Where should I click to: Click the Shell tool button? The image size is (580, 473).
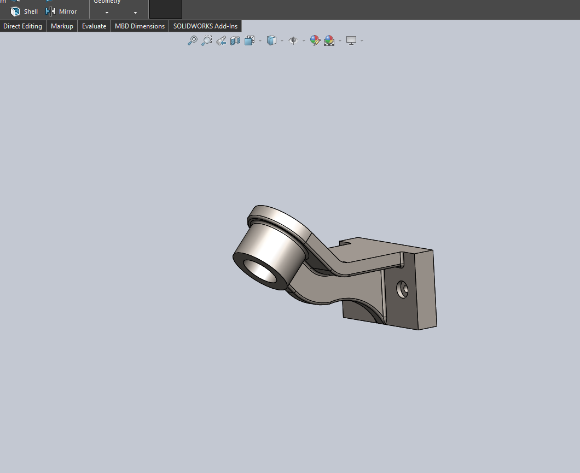point(24,11)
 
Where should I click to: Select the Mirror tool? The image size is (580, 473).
point(61,11)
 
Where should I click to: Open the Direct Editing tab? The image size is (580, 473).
point(23,26)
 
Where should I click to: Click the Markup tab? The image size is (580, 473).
point(62,26)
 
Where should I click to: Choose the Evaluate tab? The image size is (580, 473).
point(94,26)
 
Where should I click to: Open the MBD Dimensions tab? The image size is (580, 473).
point(140,26)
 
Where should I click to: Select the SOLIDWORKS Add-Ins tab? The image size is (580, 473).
point(205,26)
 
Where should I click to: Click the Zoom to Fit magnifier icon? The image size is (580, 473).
point(193,40)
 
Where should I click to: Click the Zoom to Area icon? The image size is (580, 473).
point(207,40)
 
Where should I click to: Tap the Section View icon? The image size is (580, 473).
point(235,40)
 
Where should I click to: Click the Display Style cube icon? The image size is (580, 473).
point(271,40)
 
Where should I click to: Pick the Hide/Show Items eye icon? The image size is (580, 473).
point(293,40)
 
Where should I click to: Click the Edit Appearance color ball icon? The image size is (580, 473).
point(315,40)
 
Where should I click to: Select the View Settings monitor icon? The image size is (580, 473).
point(351,40)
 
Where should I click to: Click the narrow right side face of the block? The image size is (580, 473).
point(426,290)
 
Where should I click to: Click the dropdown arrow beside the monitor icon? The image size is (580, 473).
point(362,41)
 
